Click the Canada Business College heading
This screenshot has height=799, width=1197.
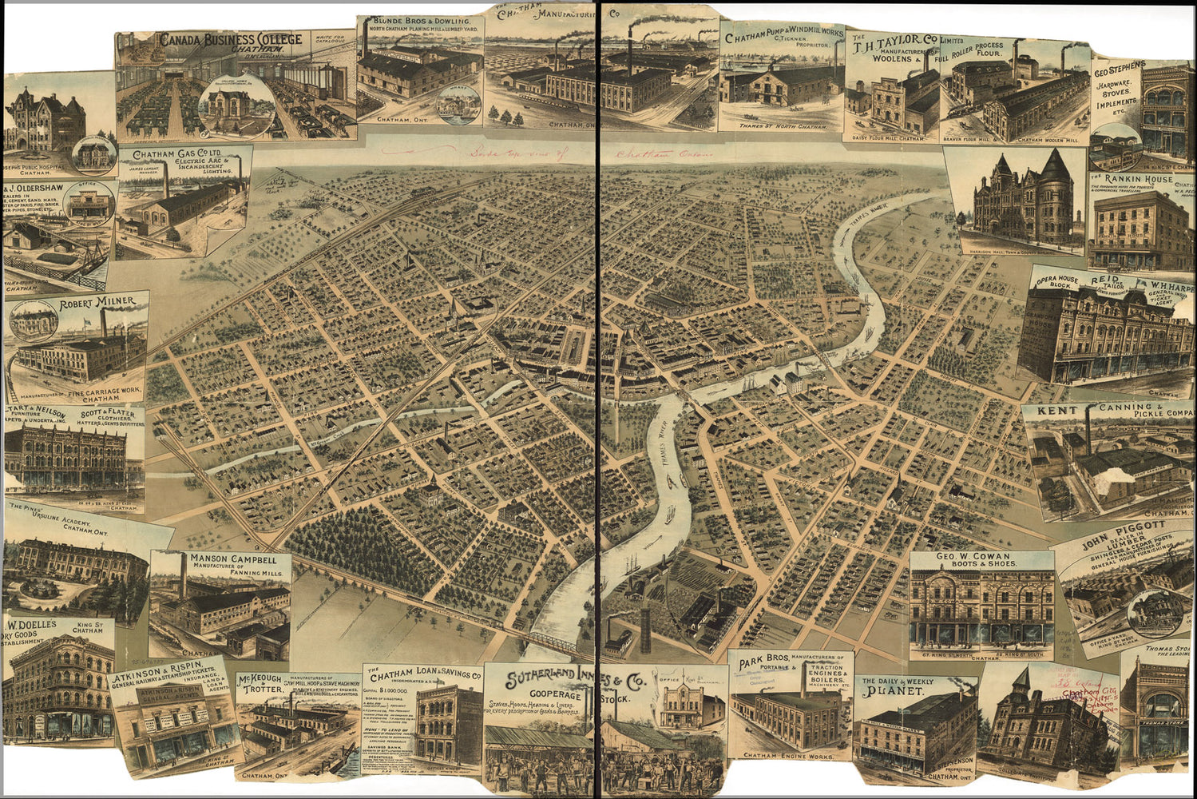tap(229, 40)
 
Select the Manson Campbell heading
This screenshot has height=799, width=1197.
tap(233, 559)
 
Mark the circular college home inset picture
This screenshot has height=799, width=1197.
tap(226, 108)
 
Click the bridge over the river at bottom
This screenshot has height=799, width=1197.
tap(559, 643)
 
